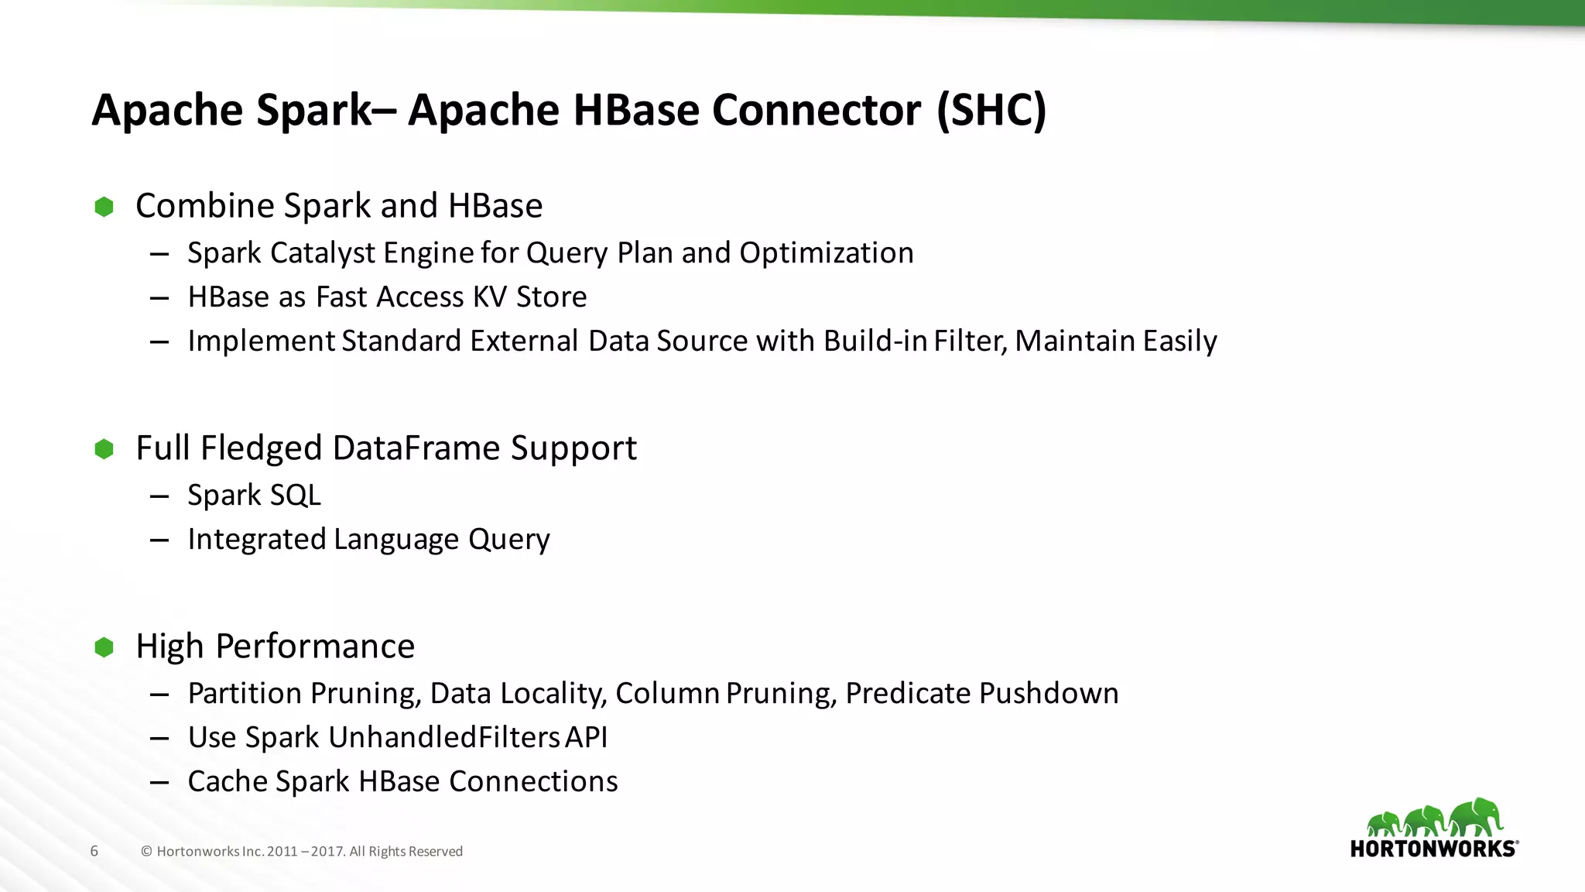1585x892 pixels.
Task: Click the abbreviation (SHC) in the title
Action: pos(991,110)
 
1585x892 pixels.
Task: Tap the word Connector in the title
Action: pos(816,110)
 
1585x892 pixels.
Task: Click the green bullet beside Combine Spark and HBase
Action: pos(104,207)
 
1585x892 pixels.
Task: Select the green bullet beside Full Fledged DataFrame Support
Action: pos(104,449)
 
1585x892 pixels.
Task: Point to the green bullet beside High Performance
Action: pos(104,647)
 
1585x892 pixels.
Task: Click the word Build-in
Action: pos(875,341)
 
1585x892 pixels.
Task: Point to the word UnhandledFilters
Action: pos(443,738)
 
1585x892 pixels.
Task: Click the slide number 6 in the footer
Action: pos(94,852)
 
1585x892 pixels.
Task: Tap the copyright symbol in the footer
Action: pos(146,852)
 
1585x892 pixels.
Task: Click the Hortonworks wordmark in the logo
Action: pos(1433,849)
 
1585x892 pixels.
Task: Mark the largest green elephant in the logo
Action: pos(1477,818)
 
